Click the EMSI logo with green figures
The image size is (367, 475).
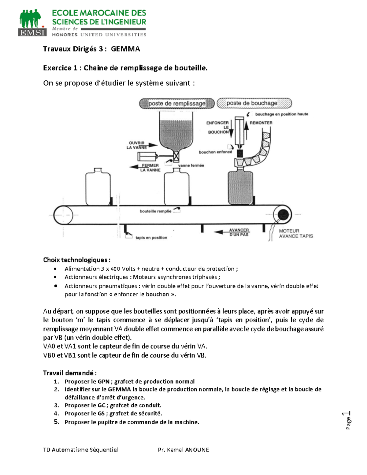(32, 23)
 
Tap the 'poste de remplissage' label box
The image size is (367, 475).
(177, 104)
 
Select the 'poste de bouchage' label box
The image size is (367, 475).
(254, 103)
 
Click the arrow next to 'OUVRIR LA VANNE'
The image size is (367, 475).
(153, 145)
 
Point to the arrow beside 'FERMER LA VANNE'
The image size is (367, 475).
(135, 167)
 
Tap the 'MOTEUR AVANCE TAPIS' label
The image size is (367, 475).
(296, 233)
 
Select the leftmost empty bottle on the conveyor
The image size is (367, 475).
(98, 187)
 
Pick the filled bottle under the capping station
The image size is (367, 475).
(240, 187)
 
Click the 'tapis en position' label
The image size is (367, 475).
(151, 238)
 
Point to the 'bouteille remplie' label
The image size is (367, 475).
(155, 211)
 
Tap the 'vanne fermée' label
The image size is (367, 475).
(191, 165)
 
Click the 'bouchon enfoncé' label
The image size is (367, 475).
(215, 152)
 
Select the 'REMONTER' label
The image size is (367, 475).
(261, 123)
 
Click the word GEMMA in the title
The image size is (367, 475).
(125, 49)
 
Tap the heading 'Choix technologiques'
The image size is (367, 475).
(76, 260)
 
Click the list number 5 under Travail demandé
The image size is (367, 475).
(57, 422)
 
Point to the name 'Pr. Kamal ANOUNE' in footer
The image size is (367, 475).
(183, 450)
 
